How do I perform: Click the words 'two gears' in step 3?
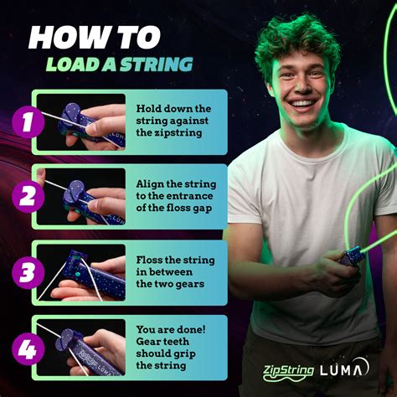tap(171, 284)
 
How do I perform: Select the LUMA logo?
tap(344, 369)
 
